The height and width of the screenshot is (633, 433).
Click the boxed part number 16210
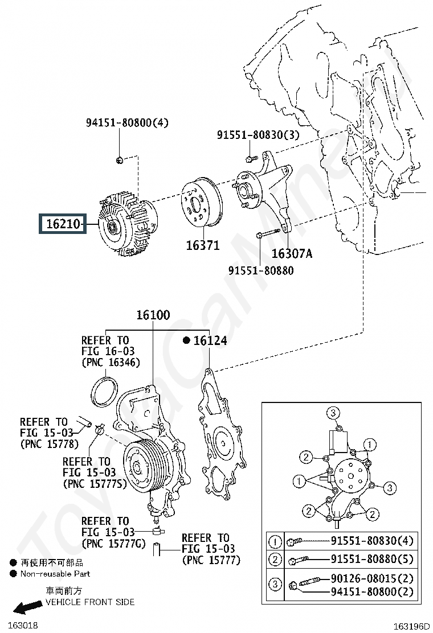63,224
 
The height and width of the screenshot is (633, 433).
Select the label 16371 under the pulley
203,245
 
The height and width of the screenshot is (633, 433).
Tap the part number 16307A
292,253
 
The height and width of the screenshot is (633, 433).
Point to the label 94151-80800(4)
127,122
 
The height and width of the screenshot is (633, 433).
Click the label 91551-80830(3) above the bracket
258,135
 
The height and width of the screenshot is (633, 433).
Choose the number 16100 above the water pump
153,315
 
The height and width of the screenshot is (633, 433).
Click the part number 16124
210,341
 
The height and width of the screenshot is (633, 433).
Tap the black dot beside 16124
186,340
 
